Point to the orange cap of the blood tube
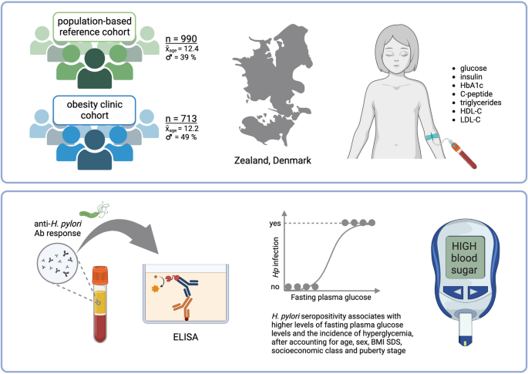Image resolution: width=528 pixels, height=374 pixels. [99, 275]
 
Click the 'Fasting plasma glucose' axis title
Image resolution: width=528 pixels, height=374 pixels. [331, 297]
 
